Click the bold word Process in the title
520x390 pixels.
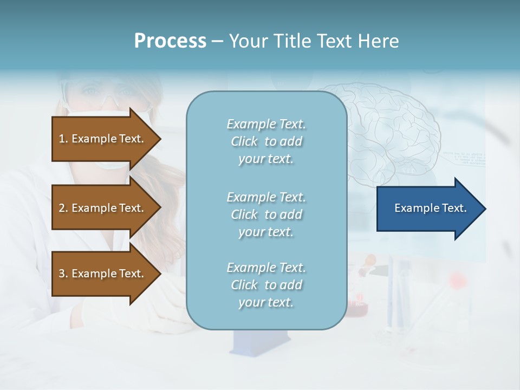(x=170, y=41)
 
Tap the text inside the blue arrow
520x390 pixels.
(x=430, y=208)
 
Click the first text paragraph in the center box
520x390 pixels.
(x=266, y=141)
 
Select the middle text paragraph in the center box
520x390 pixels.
(x=266, y=214)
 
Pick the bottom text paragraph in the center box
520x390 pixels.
(x=266, y=285)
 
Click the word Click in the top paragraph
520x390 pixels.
(x=244, y=141)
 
